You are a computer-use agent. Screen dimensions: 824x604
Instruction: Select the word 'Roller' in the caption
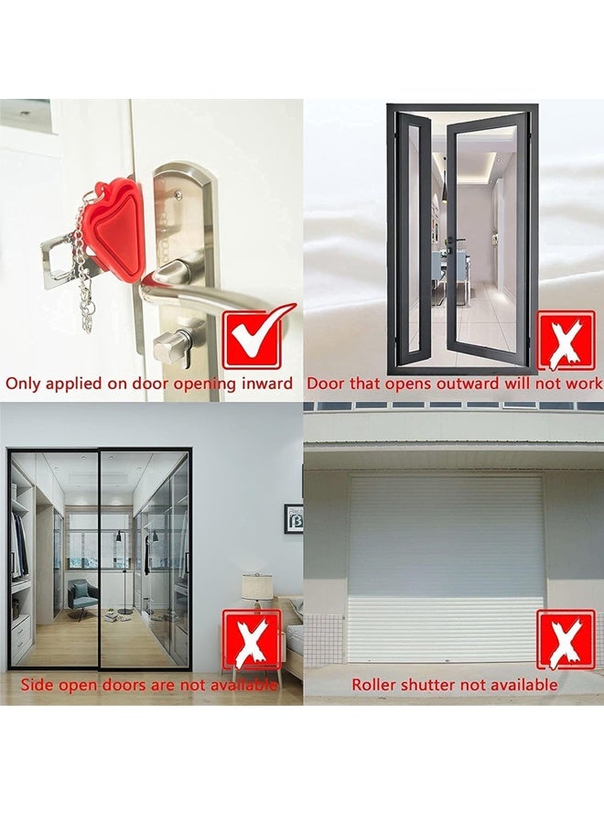pyautogui.click(x=375, y=684)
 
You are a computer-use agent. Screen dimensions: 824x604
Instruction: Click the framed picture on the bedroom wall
pyautogui.click(x=294, y=518)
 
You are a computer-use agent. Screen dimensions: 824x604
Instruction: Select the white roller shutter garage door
pyautogui.click(x=446, y=568)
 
